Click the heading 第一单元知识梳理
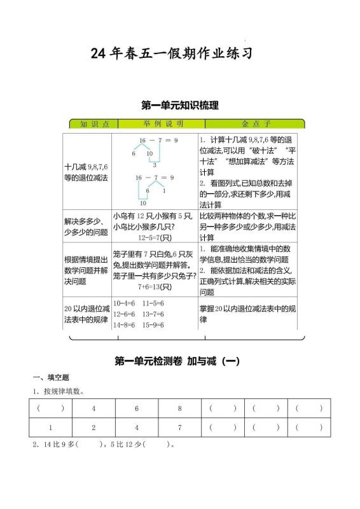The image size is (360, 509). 179,105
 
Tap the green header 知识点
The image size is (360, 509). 90,123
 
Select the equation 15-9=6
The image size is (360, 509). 153,325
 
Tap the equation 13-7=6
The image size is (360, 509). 153,314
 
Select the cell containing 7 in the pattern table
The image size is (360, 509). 179,428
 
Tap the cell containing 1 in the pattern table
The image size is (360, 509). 50,428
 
